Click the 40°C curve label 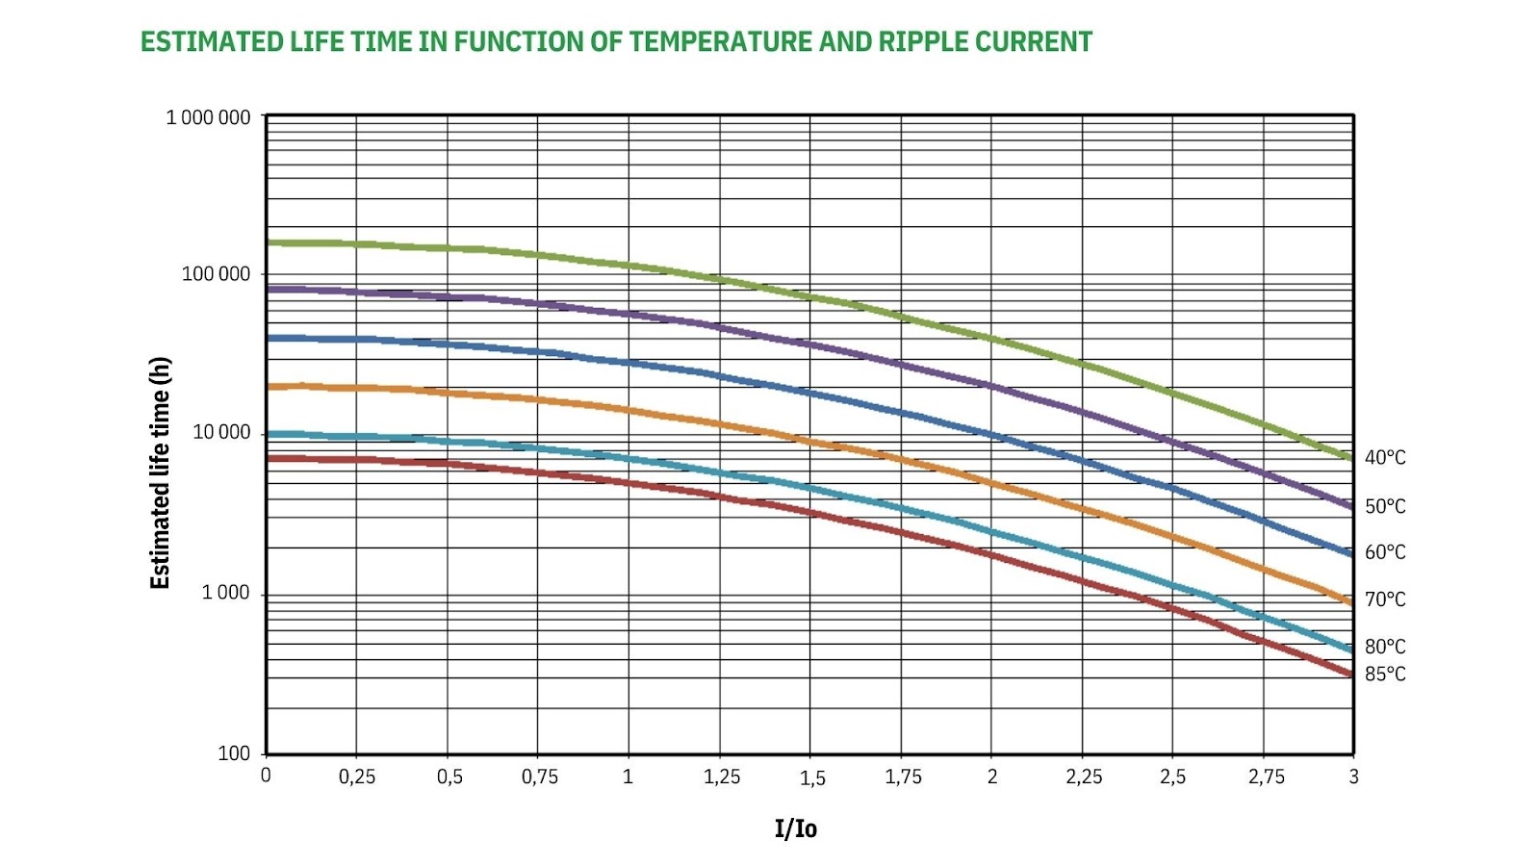click(1384, 458)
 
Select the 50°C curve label click(1384, 506)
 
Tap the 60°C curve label click(1384, 552)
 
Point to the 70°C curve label click(1384, 599)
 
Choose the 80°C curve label click(1384, 647)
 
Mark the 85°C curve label click(1384, 675)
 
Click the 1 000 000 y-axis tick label click(208, 117)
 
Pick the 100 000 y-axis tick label click(216, 274)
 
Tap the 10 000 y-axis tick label click(220, 432)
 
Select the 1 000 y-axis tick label click(225, 593)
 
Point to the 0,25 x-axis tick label click(357, 777)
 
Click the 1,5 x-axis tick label click(812, 778)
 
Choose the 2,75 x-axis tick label click(1266, 777)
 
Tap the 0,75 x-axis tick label click(539, 777)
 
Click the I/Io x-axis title click(796, 828)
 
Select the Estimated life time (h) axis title click(160, 472)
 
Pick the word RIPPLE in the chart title click(922, 42)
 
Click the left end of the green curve click(269, 242)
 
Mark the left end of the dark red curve click(269, 458)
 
